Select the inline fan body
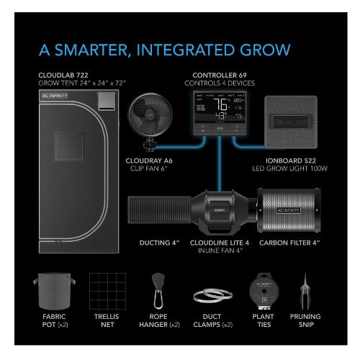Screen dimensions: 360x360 coord(216,213)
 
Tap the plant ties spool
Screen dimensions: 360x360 coord(262,289)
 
